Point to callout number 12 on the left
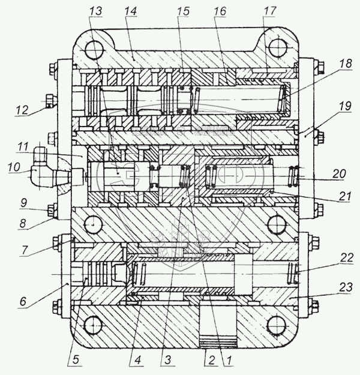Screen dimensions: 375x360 [22, 110]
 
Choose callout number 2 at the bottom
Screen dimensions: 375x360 [210, 362]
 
